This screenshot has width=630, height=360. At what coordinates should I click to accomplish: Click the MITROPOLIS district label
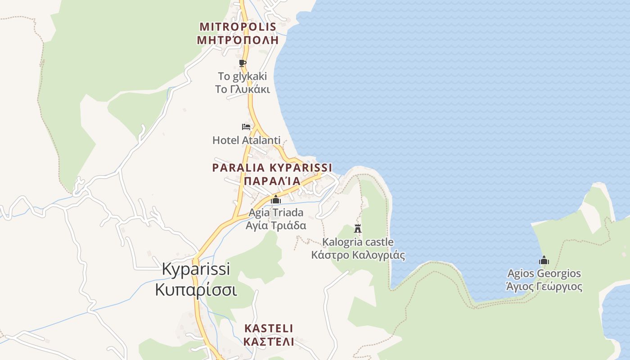tap(238, 27)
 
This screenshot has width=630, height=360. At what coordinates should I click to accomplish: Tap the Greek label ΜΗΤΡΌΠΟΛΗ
tap(238, 40)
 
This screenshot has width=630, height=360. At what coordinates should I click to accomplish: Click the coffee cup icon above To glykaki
tap(243, 63)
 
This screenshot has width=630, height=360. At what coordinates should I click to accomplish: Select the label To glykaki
tap(242, 76)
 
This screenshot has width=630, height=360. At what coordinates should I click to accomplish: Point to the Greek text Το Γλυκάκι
tap(242, 89)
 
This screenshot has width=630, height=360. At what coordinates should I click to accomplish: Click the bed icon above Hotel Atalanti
tap(246, 126)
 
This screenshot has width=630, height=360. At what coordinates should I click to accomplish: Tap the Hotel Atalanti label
tap(246, 140)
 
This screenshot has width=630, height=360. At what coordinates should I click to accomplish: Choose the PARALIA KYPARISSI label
tap(272, 168)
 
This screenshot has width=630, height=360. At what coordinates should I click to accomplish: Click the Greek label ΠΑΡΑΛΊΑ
tap(272, 181)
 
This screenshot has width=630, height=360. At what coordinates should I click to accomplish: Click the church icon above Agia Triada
tap(276, 199)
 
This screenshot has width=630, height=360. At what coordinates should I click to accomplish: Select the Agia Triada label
tap(276, 212)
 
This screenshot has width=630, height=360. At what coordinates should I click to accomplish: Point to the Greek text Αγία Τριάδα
tap(276, 225)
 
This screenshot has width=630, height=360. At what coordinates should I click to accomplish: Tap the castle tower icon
tap(358, 228)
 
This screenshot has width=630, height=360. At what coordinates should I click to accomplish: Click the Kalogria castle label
tap(358, 242)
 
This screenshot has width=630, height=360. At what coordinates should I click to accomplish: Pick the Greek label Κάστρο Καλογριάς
tap(358, 256)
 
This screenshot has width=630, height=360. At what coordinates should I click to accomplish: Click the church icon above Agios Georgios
tap(544, 260)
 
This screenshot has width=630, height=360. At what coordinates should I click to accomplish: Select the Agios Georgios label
tap(544, 274)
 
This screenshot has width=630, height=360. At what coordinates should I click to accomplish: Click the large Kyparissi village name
tap(196, 269)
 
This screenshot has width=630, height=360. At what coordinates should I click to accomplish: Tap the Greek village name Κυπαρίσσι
tap(196, 290)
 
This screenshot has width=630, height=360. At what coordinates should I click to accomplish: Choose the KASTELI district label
tap(268, 328)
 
